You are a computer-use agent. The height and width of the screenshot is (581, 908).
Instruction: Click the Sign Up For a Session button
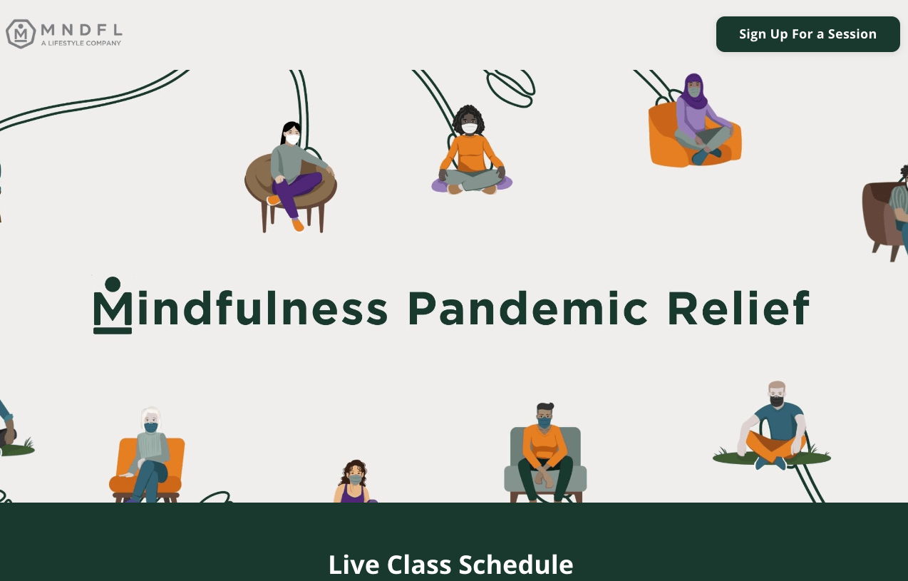(x=808, y=34)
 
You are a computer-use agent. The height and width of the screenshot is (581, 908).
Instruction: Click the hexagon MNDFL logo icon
(x=21, y=34)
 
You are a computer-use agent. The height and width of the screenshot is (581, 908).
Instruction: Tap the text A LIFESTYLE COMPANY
(x=81, y=43)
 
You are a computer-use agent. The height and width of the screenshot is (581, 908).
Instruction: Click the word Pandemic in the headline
(x=527, y=308)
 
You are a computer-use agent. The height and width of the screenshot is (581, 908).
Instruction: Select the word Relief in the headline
(x=738, y=308)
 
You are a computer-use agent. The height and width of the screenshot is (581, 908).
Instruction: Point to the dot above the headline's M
(x=113, y=284)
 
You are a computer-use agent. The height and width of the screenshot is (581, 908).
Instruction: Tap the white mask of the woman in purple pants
(x=292, y=140)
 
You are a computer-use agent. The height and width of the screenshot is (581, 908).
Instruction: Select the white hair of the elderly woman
(x=151, y=416)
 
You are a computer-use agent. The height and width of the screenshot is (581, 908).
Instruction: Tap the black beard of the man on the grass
(x=776, y=401)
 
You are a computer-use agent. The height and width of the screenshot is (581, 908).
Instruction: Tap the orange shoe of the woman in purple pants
(x=298, y=225)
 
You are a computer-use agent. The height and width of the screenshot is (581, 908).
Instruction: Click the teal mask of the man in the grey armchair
(x=544, y=423)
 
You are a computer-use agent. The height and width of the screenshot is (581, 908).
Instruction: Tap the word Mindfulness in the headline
(x=241, y=308)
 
